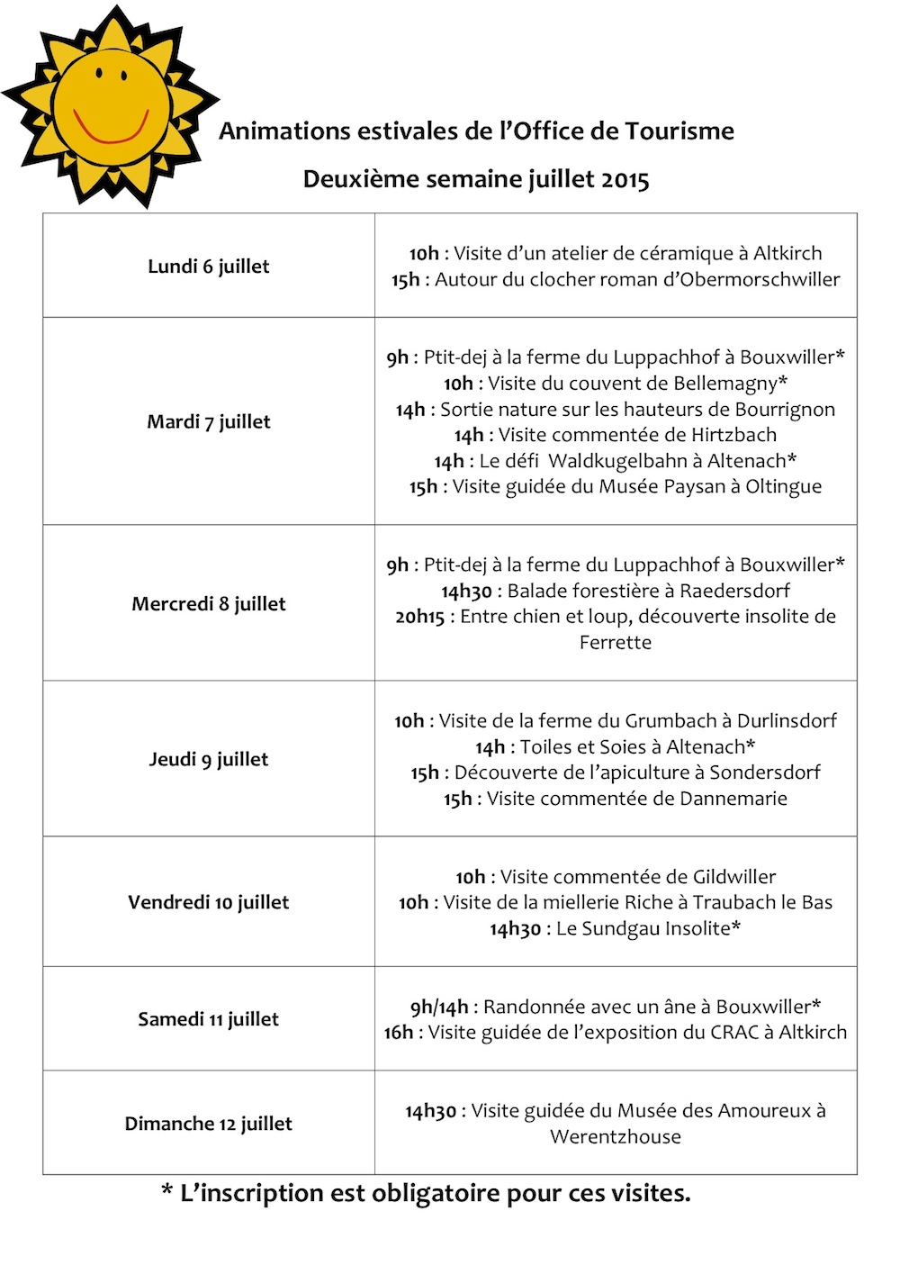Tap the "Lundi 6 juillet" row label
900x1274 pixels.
[x=209, y=267]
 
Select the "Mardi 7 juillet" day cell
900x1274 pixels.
[x=209, y=421]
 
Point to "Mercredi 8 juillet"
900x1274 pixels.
[x=209, y=603]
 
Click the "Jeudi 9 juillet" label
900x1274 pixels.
[x=209, y=759]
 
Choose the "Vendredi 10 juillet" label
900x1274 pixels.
[x=209, y=902]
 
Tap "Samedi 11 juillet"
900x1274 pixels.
[x=209, y=1019]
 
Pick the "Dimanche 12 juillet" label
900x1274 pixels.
[x=209, y=1124]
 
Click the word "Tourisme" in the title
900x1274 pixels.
[x=679, y=131]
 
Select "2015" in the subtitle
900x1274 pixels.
[x=625, y=179]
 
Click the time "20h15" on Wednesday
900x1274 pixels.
[x=419, y=617]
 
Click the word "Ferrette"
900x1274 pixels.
[x=616, y=643]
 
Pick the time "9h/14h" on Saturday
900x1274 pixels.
[x=439, y=1007]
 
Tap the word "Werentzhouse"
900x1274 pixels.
[x=616, y=1137]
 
